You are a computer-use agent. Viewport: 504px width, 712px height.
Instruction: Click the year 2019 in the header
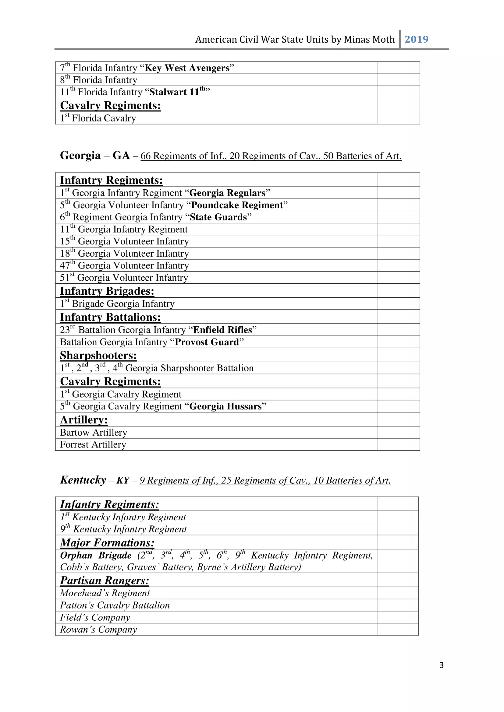416,39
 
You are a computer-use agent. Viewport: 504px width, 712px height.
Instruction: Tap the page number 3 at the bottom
441,665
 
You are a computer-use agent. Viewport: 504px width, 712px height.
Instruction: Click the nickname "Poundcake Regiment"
237,205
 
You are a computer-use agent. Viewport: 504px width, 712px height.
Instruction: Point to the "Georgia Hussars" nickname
225,406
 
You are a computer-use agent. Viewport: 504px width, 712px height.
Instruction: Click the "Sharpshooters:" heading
98,355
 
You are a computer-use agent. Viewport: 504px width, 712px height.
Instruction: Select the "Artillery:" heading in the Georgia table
84,419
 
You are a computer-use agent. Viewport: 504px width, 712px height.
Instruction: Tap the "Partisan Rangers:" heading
105,580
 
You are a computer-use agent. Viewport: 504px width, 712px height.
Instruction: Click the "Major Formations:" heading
107,542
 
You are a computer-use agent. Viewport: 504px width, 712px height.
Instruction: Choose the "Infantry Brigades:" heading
107,291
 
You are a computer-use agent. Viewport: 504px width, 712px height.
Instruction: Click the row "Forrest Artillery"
93,444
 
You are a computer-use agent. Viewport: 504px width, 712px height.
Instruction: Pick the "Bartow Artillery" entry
94,432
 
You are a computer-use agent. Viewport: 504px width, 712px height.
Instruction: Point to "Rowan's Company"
98,629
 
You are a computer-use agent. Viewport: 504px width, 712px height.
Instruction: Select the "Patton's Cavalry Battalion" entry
115,605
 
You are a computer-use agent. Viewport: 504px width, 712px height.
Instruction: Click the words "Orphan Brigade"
96,555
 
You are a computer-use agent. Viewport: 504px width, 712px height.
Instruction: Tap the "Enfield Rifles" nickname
222,330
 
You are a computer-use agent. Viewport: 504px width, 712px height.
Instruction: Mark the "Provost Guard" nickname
207,342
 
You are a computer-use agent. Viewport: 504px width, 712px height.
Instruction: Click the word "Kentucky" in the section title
83,480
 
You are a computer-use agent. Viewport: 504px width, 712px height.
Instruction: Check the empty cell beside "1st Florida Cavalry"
399,118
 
